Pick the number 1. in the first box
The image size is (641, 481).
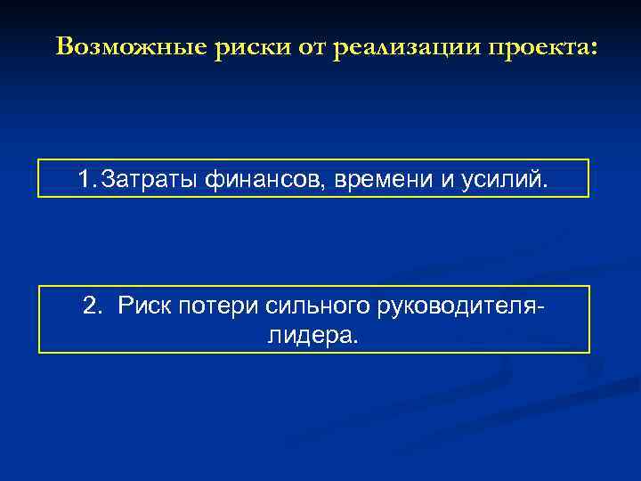tap(87, 180)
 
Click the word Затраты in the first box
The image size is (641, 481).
tap(151, 180)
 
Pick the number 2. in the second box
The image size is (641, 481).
tap(92, 306)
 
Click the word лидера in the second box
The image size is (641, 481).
tap(310, 335)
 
